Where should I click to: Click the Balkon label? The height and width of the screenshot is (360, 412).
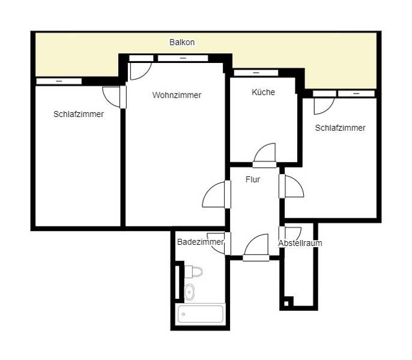(x=182, y=43)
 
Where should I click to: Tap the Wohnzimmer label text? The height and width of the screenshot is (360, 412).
(x=177, y=95)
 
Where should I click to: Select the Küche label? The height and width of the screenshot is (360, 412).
(x=263, y=92)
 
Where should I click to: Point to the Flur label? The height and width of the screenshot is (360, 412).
(x=253, y=179)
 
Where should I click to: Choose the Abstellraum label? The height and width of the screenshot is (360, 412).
(x=300, y=243)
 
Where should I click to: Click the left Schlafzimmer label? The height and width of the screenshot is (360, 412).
(x=78, y=114)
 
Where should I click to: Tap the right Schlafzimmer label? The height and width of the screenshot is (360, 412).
(x=340, y=128)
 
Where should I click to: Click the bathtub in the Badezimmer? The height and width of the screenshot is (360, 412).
(x=201, y=314)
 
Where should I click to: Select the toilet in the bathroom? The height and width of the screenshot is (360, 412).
(x=193, y=272)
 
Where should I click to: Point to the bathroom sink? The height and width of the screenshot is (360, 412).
(x=190, y=292)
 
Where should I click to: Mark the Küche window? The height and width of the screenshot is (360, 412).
(x=256, y=73)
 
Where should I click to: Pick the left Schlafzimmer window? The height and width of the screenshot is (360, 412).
(x=59, y=81)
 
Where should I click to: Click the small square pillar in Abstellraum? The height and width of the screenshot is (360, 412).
(x=286, y=302)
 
